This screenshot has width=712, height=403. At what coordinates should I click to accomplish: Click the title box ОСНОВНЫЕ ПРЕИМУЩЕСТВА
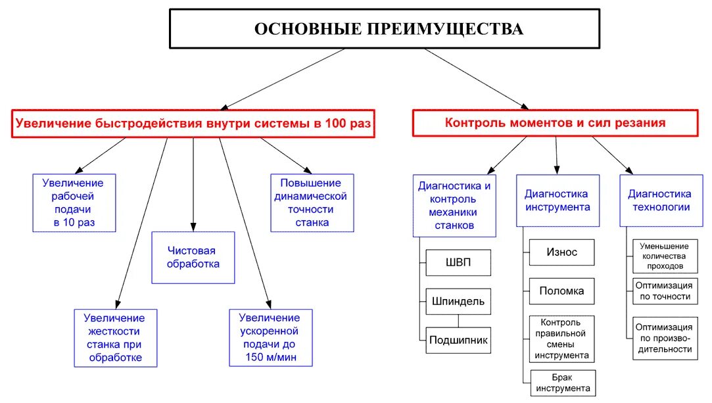[x=385, y=29]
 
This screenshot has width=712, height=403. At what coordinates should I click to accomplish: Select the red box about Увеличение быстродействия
[x=193, y=123]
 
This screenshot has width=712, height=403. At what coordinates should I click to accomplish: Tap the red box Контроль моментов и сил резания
[x=555, y=123]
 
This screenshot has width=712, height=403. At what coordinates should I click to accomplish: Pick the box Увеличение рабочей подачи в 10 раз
[x=74, y=202]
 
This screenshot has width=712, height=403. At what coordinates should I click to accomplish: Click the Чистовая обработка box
[x=193, y=257]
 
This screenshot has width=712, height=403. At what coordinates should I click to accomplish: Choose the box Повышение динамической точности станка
[x=312, y=202]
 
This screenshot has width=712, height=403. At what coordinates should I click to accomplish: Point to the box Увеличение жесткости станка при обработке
[x=115, y=337]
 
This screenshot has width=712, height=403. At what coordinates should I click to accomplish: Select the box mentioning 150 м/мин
[x=270, y=337]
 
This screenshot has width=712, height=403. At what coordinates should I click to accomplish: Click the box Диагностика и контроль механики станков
[x=454, y=205]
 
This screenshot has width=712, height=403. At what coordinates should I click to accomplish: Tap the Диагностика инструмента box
[x=558, y=201]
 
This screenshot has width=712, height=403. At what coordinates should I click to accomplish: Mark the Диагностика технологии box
[x=659, y=201]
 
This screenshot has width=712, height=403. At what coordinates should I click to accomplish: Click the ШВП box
[x=458, y=262]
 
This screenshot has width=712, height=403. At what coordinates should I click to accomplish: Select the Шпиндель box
[x=458, y=302]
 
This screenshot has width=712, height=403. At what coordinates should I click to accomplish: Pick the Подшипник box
[x=458, y=340]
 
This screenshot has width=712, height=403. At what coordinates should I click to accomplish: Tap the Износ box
[x=561, y=252]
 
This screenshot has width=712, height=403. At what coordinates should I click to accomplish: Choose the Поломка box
[x=561, y=291]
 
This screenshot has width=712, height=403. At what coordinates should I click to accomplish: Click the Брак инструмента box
[x=562, y=383]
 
